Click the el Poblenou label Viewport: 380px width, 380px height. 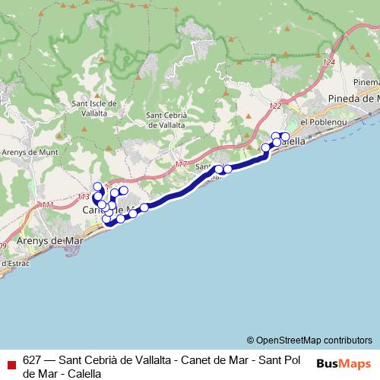click(x=324, y=122)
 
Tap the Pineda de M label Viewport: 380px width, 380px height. click(x=353, y=100)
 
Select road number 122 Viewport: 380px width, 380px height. click(x=274, y=106)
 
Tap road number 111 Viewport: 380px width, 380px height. click(x=48, y=204)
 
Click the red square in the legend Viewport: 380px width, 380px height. click(x=11, y=362)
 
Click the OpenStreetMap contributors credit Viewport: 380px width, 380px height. click(x=309, y=340)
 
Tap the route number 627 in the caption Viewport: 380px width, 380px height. click(x=32, y=361)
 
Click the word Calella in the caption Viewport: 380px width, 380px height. click(x=84, y=374)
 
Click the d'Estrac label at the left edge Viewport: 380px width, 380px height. click(x=14, y=263)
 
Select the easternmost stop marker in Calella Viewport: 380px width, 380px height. click(x=285, y=137)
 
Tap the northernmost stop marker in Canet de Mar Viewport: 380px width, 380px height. click(x=97, y=187)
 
